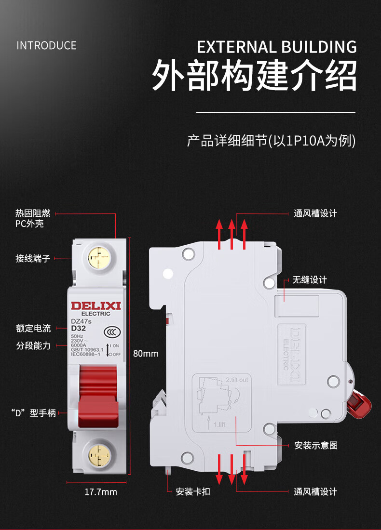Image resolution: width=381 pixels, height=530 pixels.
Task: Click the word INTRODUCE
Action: point(46,46)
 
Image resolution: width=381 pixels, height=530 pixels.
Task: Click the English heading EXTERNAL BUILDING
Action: point(277,47)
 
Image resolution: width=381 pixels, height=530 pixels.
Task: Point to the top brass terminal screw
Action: point(98,259)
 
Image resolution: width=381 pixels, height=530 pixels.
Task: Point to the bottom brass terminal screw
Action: point(98,454)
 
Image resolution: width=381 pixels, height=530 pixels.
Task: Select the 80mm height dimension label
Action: point(146,354)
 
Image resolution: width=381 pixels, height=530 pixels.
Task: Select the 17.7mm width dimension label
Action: point(101,492)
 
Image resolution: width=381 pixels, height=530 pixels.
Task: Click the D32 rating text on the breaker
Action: point(78,328)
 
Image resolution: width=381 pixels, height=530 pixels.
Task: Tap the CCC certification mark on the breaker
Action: point(112,332)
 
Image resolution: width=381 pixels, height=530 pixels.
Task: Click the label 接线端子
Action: point(33,259)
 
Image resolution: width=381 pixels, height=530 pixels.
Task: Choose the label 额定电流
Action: point(33,329)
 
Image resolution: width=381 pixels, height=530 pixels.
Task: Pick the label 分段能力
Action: point(33,345)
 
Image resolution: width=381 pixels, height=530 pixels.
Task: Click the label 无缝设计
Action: point(310,280)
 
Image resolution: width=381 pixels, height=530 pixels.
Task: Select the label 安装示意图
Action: point(316,445)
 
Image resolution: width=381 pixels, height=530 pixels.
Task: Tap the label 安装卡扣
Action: point(193,492)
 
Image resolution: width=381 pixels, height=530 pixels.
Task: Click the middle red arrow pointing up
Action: point(231,234)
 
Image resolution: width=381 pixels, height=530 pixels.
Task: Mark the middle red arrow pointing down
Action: point(231,469)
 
